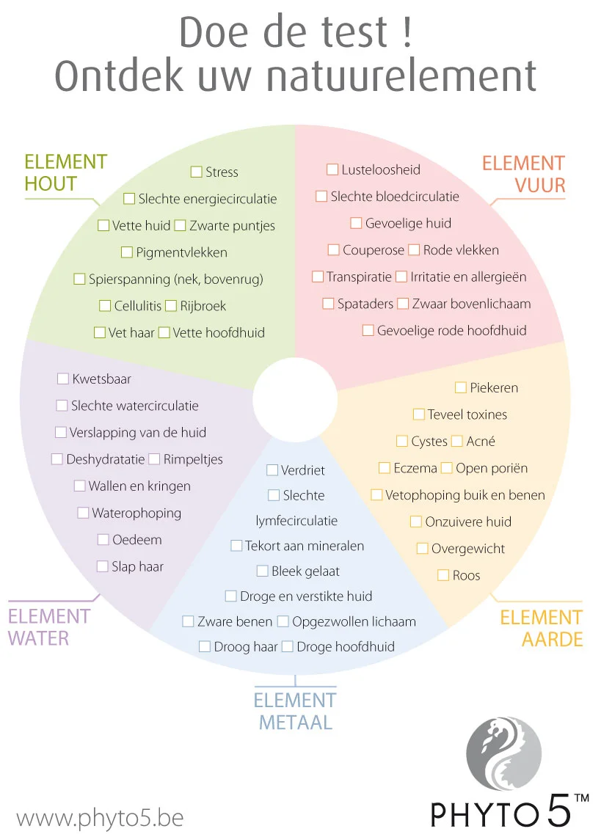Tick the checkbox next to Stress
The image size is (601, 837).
[x=196, y=172]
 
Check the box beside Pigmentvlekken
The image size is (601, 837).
[x=127, y=252]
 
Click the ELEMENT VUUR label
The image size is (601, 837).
[x=523, y=174]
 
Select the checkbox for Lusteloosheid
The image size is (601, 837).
[x=332, y=169]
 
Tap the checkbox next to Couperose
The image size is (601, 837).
[x=333, y=250]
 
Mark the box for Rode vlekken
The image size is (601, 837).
[x=414, y=250]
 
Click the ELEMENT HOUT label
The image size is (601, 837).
[x=65, y=173]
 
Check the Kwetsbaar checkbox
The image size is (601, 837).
[x=63, y=379]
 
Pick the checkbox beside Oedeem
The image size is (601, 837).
[x=103, y=540]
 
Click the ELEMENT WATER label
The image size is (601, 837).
[x=49, y=627]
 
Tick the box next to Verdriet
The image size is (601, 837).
[x=272, y=469]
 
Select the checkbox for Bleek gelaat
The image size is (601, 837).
[x=262, y=571]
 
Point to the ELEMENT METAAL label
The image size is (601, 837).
[x=295, y=711]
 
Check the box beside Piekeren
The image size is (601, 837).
[x=461, y=387]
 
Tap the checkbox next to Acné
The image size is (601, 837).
[x=457, y=441]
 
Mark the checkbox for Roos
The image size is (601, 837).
[x=443, y=575]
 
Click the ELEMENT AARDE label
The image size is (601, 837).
[x=542, y=628]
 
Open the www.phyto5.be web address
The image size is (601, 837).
[x=100, y=817]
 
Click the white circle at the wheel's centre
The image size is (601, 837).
[x=296, y=397]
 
